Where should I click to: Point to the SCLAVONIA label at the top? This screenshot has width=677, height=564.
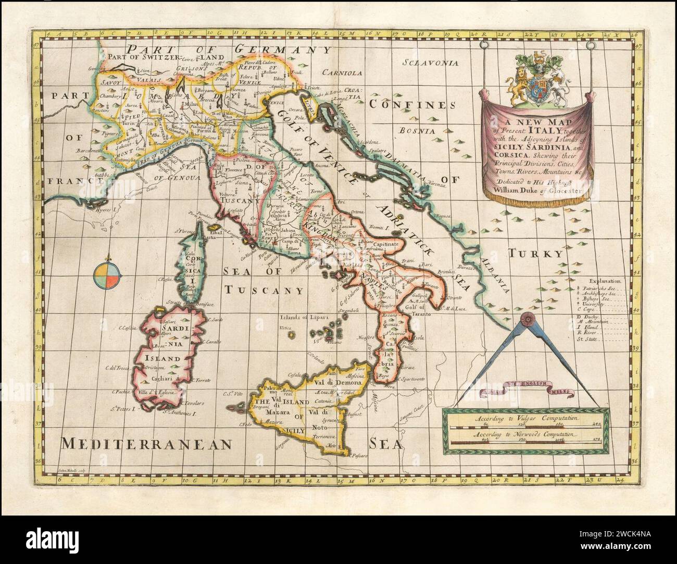(x=431, y=63)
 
